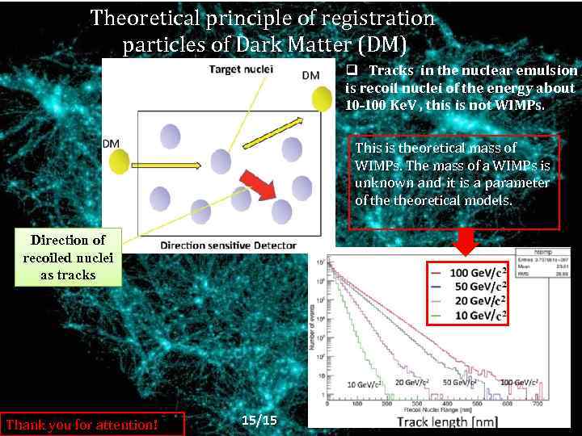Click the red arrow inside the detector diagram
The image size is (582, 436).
click(259, 186)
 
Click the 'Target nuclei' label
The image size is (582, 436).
click(241, 69)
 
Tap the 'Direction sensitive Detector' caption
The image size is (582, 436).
click(229, 245)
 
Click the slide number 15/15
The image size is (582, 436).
click(259, 421)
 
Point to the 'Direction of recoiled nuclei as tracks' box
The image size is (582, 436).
click(68, 258)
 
